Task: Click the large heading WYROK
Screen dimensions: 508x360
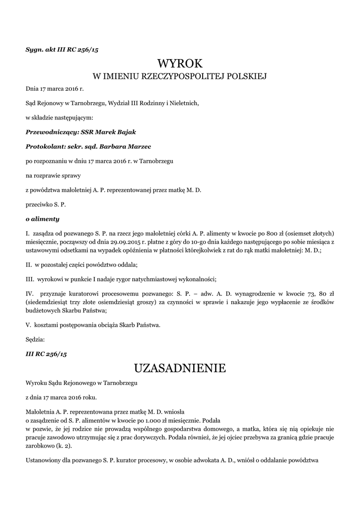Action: point(180,63)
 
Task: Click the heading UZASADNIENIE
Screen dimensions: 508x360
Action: point(180,368)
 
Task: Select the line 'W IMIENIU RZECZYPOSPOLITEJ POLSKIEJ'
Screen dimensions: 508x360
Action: point(180,76)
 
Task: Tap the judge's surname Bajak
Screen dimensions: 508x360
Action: point(125,132)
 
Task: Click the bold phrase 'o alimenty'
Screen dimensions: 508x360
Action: point(42,219)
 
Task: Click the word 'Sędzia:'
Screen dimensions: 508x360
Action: point(35,340)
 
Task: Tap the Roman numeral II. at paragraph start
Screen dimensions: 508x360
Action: point(29,264)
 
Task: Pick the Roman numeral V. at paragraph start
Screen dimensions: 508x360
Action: point(29,325)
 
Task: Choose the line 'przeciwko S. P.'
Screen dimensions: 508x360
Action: point(46,204)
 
